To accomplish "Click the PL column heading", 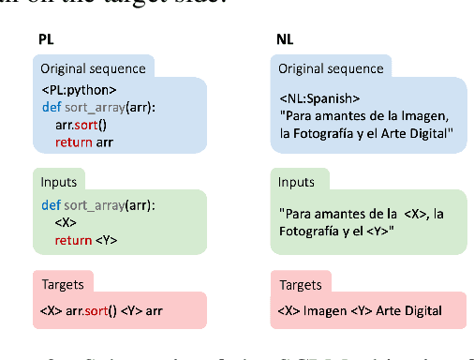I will pos(45,41).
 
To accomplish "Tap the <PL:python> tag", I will pos(79,90).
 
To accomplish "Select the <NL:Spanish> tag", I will pos(319,97).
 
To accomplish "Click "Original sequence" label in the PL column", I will pos(93,67).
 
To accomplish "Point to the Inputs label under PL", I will pos(58,181).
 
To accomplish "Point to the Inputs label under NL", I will pos(295,181).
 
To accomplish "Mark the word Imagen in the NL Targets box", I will pos(325,310).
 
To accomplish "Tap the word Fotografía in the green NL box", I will pos(311,232).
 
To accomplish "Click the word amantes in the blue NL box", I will pos(341,115).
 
